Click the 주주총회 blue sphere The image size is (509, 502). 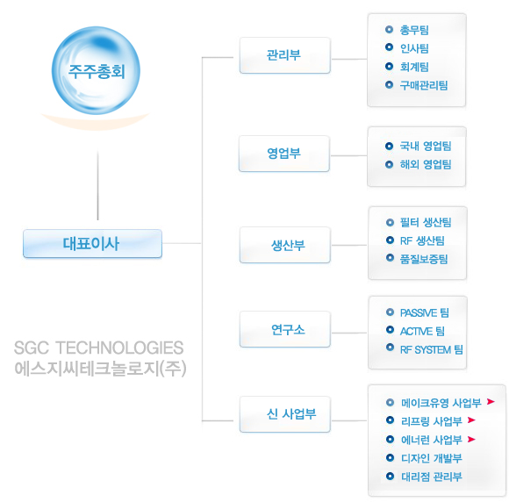[96, 70]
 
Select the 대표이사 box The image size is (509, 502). [92, 243]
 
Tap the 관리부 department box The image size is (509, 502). [284, 55]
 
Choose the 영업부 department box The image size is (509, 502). [284, 154]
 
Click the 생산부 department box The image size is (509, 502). [284, 245]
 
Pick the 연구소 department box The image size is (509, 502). [284, 329]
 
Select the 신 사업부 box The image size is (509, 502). [284, 414]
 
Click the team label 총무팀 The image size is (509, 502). [414, 30]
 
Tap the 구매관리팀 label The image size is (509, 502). [424, 85]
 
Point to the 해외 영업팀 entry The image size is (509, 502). [426, 164]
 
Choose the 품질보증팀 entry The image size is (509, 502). [424, 259]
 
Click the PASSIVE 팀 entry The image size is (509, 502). [425, 312]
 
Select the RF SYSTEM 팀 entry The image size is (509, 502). [432, 349]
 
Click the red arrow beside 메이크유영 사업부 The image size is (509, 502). [491, 402]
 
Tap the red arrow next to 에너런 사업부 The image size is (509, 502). [471, 440]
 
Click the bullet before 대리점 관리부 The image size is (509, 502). [390, 476]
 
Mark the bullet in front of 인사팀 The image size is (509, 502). [390, 47]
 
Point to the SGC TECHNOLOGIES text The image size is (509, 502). [98, 348]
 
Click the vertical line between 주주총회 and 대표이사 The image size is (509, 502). [97, 185]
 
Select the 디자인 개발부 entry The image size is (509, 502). [432, 458]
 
